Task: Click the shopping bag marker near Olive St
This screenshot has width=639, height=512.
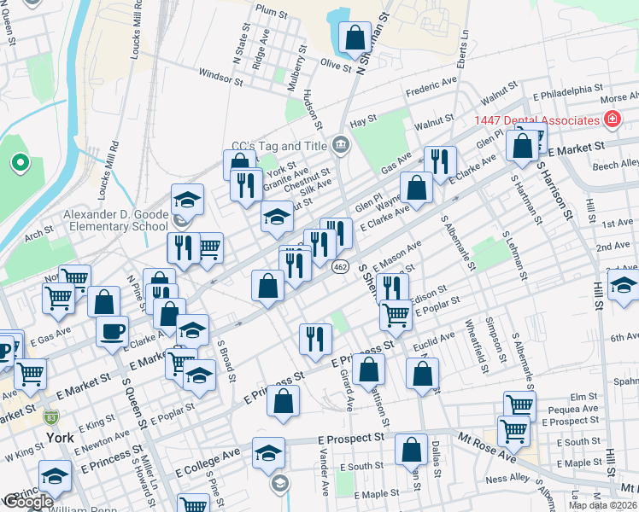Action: (355, 38)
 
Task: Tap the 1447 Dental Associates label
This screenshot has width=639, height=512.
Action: (537, 120)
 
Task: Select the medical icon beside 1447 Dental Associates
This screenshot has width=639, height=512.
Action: (612, 119)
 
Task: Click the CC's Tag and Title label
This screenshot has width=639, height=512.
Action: (279, 146)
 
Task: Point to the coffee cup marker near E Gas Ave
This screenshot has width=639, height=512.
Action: (110, 331)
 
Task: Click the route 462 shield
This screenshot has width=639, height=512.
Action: (340, 267)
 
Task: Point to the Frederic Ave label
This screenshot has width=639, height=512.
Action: (431, 87)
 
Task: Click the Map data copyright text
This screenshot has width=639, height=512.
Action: (603, 505)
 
